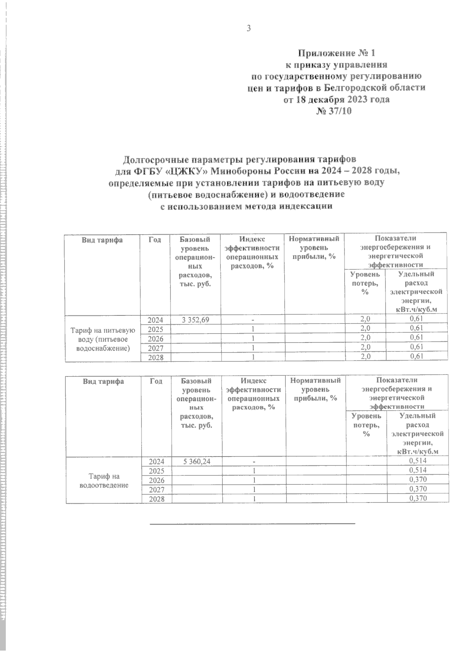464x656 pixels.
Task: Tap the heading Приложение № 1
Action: (x=336, y=53)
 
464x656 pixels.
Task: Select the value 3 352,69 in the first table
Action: (x=195, y=320)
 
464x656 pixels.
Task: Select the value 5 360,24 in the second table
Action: (x=197, y=461)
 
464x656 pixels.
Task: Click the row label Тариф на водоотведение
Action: (x=104, y=480)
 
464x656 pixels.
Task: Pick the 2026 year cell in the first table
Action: (x=156, y=339)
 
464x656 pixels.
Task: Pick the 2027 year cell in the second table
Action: (x=157, y=489)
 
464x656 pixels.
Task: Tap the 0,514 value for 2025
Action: (x=418, y=470)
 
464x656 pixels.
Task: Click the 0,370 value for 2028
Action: (x=418, y=498)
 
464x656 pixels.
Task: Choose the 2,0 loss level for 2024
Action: (x=365, y=319)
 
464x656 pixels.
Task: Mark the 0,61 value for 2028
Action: (x=416, y=356)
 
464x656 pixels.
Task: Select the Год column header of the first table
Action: (x=155, y=240)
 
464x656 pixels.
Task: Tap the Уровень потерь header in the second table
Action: (x=366, y=424)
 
